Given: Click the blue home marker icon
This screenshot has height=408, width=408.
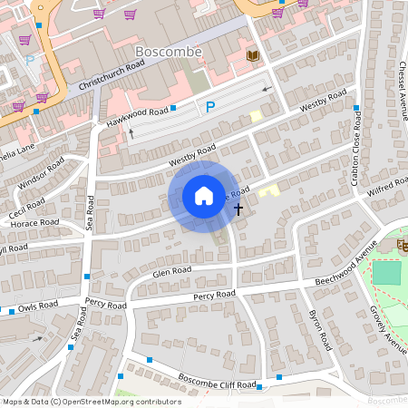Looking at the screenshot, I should [203, 196].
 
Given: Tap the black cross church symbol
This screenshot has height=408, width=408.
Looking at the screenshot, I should [238, 209].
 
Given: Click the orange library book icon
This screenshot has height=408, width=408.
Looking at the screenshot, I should [253, 57].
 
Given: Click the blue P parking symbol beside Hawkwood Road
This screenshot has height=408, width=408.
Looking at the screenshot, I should [210, 107].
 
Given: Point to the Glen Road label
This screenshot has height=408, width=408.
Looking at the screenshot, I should [171, 270].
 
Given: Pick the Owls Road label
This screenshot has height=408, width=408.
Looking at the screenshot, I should [35, 306].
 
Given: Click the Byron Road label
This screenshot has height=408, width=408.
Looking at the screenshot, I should [319, 333].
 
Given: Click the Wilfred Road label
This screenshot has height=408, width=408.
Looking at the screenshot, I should [387, 188].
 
